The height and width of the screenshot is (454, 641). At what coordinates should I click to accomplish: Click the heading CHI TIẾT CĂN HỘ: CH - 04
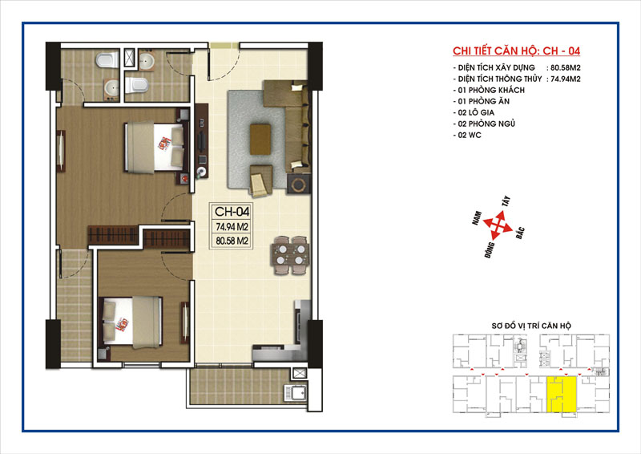tap(516, 51)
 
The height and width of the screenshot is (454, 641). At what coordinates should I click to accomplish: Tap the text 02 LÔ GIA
tap(475, 112)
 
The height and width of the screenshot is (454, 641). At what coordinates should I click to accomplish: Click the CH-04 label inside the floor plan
tap(232, 212)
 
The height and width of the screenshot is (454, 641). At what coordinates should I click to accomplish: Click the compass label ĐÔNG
tap(490, 250)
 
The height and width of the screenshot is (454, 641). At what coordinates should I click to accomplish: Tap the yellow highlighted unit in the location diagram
tap(562, 394)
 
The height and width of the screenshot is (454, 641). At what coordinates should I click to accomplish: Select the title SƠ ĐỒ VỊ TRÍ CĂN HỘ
tap(531, 326)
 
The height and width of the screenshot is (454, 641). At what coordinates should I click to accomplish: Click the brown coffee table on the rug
tap(260, 140)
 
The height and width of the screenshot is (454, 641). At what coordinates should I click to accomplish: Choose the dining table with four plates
tap(291, 254)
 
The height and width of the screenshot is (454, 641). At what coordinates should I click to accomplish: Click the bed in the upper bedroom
tap(155, 147)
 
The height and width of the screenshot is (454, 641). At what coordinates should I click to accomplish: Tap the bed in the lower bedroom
tap(132, 322)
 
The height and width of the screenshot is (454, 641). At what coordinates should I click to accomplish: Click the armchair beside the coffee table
tap(260, 181)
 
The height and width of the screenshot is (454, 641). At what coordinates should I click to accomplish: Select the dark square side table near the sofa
tap(299, 184)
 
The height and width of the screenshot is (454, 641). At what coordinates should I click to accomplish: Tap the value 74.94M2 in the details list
tap(566, 79)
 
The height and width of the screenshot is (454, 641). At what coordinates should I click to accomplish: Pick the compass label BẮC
tap(520, 232)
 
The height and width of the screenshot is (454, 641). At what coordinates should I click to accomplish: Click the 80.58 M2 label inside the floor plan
tap(232, 241)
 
